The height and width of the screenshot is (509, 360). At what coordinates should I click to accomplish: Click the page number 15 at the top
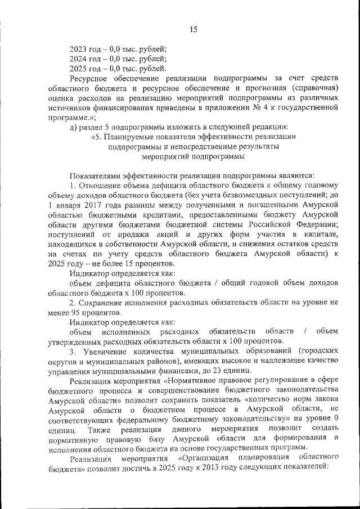pos(193,29)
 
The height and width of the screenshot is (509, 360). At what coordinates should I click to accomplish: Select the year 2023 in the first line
pos(79,49)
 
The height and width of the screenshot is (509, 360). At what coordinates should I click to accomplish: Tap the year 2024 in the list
pos(79,58)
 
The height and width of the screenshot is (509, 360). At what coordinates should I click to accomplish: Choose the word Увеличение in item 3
pos(101,352)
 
